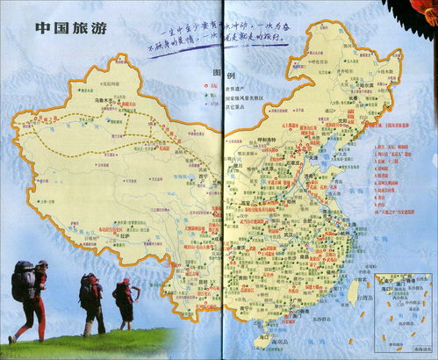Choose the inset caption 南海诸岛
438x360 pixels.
tap(405, 348)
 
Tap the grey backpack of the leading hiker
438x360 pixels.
tap(24, 281)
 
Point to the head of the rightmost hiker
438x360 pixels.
tap(126, 284)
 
